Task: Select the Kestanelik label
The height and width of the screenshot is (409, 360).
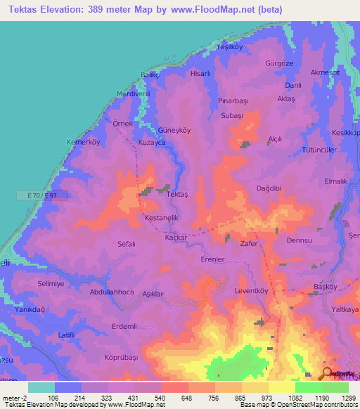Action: [161, 218]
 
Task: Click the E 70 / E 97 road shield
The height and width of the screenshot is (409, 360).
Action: [53, 197]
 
